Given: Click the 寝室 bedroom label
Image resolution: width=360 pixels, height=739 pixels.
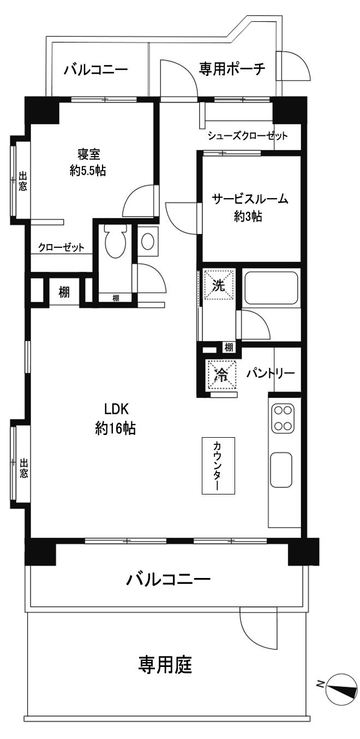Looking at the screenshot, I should coord(88,154).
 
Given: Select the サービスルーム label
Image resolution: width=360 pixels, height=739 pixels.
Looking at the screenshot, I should coord(250,199).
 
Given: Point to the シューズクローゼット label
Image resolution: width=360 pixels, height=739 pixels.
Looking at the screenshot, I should coord(247,136).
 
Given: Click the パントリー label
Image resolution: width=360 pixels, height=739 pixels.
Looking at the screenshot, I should coord(270,373).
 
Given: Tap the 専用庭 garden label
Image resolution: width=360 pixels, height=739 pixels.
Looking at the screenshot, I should coord(164,665).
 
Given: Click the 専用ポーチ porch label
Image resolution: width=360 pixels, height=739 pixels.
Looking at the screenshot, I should coord(232,69).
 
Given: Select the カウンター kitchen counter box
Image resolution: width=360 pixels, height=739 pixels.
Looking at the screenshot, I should coord(218,466).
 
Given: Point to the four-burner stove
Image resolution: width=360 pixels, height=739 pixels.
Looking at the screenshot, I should coord(284,418).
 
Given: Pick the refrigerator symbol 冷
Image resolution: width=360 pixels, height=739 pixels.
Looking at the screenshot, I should coord(221,374).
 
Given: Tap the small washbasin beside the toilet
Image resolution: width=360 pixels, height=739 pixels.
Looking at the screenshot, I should coord(147,241).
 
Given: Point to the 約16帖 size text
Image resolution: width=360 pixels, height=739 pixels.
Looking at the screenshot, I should coord(115,429).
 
